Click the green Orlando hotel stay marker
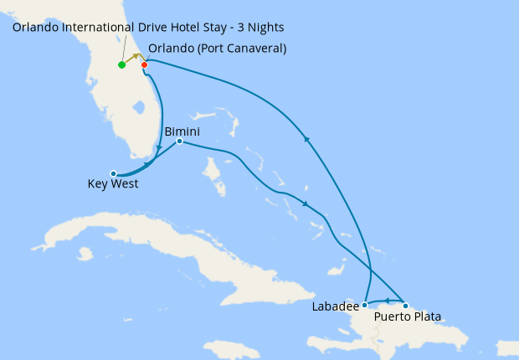[x=122, y=64]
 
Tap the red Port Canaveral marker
[x=145, y=64]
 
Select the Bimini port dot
[x=179, y=141]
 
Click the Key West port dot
[x=113, y=173]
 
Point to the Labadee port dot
[x=365, y=304]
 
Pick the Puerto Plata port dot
[x=406, y=305]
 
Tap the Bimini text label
[x=182, y=131]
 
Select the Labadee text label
[x=335, y=306]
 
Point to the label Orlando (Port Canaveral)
[x=217, y=49]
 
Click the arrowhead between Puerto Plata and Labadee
[x=387, y=299]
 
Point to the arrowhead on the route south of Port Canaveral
[x=160, y=147]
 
